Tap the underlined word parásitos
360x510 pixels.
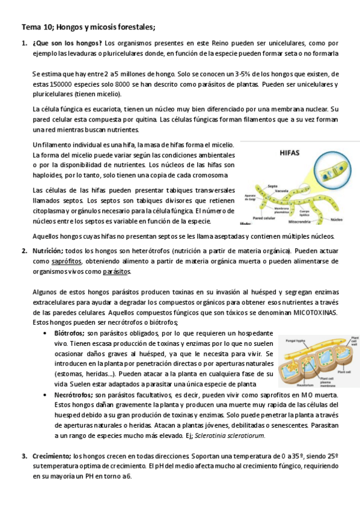click(117, 271)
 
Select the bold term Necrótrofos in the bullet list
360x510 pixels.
click(73, 395)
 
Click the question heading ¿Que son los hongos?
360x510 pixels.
click(67, 43)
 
